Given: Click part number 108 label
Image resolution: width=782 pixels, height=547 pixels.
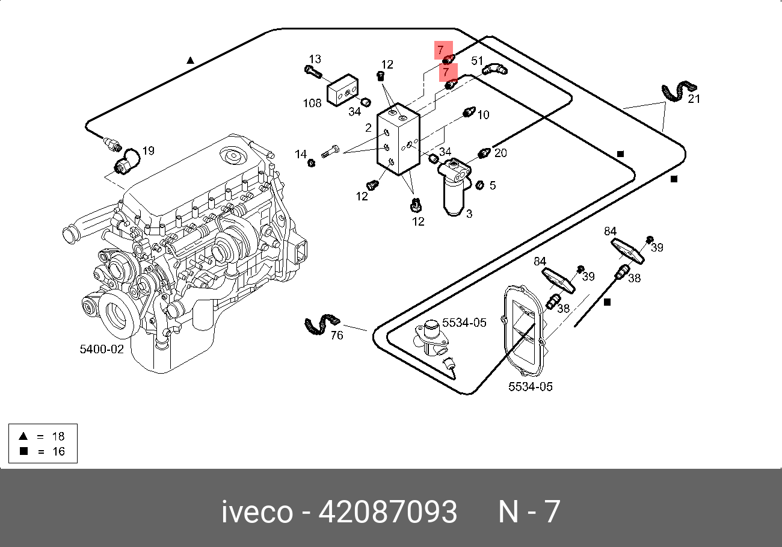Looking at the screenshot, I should [312, 103].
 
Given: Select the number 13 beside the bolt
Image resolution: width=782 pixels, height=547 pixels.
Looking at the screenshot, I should [315, 59].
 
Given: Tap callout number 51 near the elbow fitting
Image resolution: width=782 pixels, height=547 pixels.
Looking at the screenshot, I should [477, 60].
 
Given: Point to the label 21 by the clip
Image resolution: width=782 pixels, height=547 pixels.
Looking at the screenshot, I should [694, 99].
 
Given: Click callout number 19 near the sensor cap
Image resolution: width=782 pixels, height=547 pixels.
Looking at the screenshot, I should [148, 150].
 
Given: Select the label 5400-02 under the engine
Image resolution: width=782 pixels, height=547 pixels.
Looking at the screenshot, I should [102, 349].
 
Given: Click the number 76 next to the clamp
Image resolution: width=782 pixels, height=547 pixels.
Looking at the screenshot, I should [337, 335].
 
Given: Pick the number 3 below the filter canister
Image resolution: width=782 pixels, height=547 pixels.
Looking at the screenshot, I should [469, 213].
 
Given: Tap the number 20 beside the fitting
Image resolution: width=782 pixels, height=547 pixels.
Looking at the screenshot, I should [500, 153].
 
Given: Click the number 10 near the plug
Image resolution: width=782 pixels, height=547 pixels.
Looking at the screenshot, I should [483, 114].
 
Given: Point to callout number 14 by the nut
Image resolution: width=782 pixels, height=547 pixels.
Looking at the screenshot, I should [301, 155].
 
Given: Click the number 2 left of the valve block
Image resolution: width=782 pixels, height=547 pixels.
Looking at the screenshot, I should [368, 128].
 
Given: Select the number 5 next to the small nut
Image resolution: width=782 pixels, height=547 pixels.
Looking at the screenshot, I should [493, 185].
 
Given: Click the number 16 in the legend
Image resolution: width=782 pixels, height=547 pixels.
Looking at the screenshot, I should [58, 451].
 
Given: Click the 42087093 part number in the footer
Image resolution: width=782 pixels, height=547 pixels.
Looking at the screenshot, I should [387, 512].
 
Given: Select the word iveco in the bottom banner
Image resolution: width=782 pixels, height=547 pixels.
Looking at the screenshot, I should [257, 512].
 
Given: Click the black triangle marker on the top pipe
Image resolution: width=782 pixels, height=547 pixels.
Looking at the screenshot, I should [190, 60].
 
